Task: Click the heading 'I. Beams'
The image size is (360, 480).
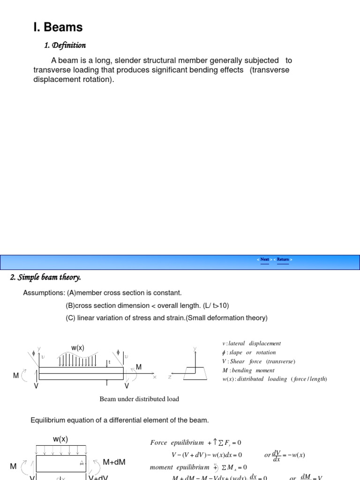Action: [58, 28]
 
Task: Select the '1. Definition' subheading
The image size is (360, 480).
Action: [65, 45]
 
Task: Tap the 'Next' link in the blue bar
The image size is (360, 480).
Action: [265, 259]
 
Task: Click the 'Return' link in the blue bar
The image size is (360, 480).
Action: [283, 259]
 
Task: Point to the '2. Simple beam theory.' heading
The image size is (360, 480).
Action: [45, 277]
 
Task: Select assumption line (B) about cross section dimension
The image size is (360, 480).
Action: [147, 306]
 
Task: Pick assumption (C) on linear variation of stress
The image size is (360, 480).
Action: [166, 318]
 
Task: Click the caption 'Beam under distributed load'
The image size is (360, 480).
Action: [139, 399]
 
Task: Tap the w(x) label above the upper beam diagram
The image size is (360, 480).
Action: [78, 348]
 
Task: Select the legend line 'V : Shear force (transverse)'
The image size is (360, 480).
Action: [259, 361]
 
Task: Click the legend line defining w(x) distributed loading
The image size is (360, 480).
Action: [274, 379]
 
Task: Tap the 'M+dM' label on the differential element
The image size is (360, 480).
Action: [114, 462]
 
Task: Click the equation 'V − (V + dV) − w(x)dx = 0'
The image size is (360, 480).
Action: [207, 455]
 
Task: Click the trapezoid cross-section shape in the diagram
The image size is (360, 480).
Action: [195, 374]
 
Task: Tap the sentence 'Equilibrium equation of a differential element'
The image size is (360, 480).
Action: [120, 420]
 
